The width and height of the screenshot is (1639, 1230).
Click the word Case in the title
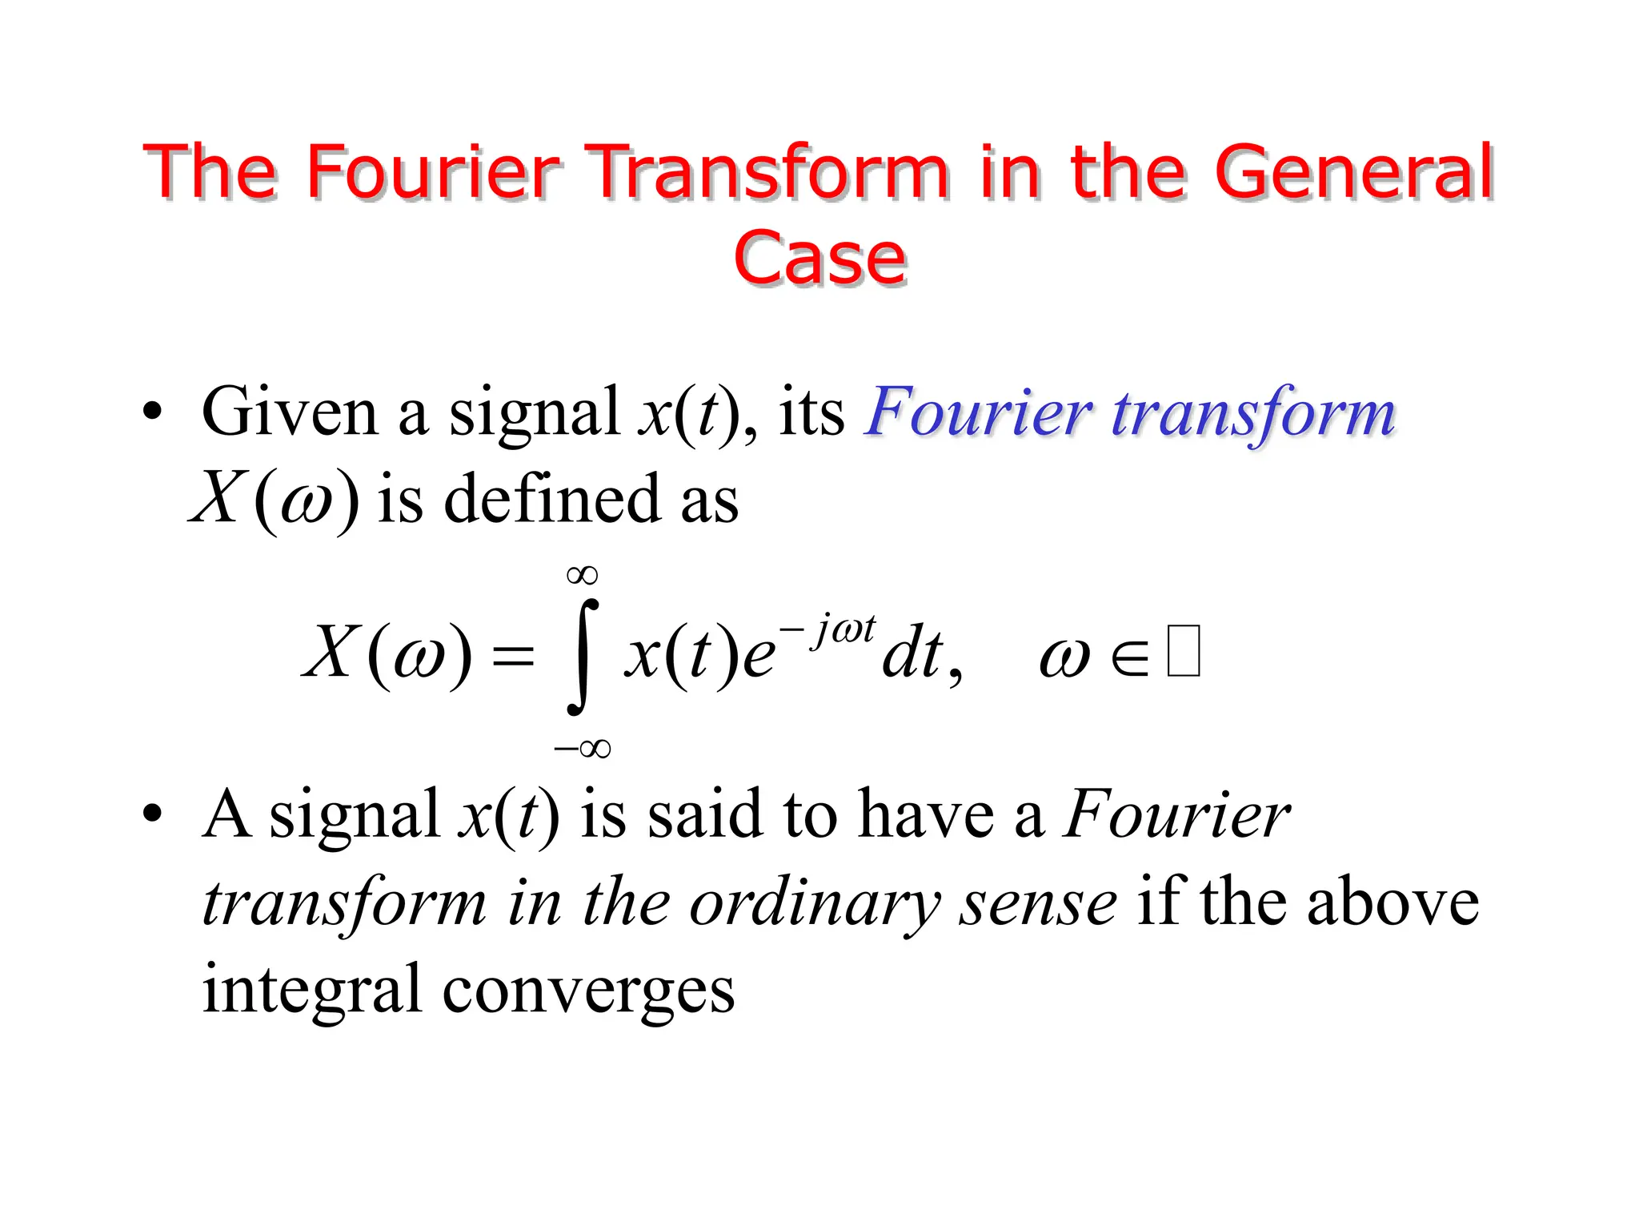click(x=819, y=258)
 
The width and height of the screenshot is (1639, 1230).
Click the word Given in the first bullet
click(x=290, y=412)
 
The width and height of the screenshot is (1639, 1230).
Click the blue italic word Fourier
click(x=978, y=412)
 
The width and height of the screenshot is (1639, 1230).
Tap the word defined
click(x=552, y=500)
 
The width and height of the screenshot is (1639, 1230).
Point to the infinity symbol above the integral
click(x=582, y=575)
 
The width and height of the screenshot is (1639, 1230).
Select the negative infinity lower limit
click(x=582, y=749)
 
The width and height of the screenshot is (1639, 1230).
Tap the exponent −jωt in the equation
click(x=828, y=629)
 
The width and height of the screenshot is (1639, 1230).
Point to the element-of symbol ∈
click(x=1129, y=658)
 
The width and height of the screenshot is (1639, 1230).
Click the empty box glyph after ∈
click(x=1184, y=652)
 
